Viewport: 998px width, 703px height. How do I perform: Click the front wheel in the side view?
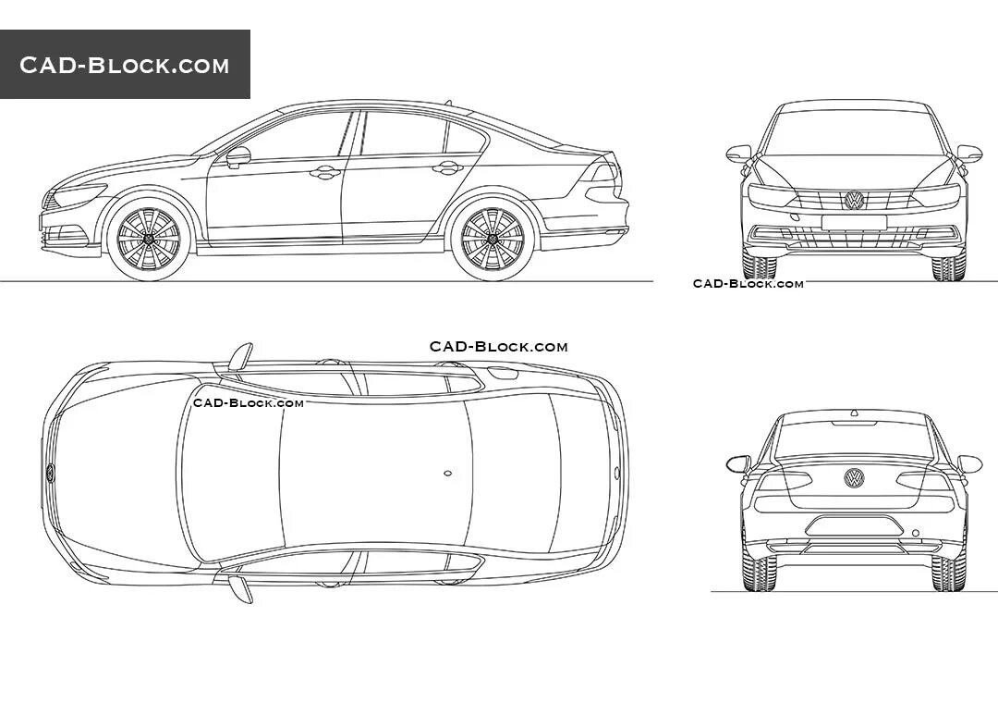click(148, 238)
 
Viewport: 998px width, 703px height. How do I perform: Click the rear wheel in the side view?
click(492, 238)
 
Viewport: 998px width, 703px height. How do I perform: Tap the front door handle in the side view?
click(325, 172)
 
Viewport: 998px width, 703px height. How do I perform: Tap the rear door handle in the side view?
click(447, 167)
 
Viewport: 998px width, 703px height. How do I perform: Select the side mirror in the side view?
click(237, 156)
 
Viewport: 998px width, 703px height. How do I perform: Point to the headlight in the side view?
click(79, 196)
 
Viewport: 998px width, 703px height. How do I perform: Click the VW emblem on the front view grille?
click(854, 200)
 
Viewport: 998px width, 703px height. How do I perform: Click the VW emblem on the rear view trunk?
click(854, 477)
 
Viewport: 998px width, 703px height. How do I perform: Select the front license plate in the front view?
click(854, 222)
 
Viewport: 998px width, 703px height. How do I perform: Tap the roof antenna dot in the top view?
click(447, 474)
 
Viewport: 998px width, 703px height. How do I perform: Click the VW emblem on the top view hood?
click(50, 473)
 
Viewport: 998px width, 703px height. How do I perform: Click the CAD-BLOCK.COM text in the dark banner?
click(125, 65)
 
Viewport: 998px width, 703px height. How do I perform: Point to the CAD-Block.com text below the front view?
click(748, 284)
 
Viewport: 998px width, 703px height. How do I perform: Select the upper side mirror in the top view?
click(240, 356)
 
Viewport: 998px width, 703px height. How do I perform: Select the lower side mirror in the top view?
click(240, 589)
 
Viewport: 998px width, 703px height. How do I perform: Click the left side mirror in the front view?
click(739, 154)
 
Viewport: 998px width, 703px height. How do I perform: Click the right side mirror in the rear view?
click(969, 463)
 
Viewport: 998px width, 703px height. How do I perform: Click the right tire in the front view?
click(949, 267)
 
